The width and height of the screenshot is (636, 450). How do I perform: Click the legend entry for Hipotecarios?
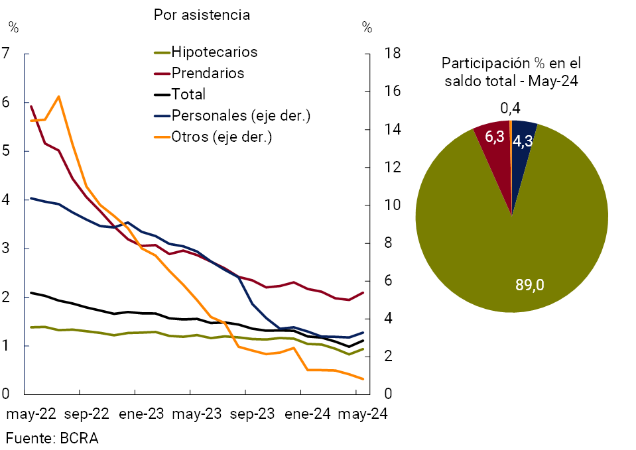[x=214, y=52]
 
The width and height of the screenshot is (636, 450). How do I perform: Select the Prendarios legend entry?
[x=207, y=73]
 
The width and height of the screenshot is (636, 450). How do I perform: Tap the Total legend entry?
[x=188, y=94]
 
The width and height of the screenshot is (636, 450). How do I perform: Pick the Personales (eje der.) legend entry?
[x=241, y=115]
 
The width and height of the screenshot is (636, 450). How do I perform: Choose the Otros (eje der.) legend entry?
[x=222, y=137]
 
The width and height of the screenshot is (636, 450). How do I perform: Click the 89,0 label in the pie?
[x=530, y=285]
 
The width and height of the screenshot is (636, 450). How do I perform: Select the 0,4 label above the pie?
[x=510, y=107]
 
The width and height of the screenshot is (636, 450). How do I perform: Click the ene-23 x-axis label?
[x=141, y=414]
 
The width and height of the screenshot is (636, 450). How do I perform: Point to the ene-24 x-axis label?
[x=308, y=414]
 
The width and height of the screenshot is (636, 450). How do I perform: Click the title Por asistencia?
[x=202, y=15]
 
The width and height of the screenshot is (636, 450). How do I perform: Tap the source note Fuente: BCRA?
[x=52, y=438]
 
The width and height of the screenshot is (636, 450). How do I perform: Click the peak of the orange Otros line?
[x=59, y=96]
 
